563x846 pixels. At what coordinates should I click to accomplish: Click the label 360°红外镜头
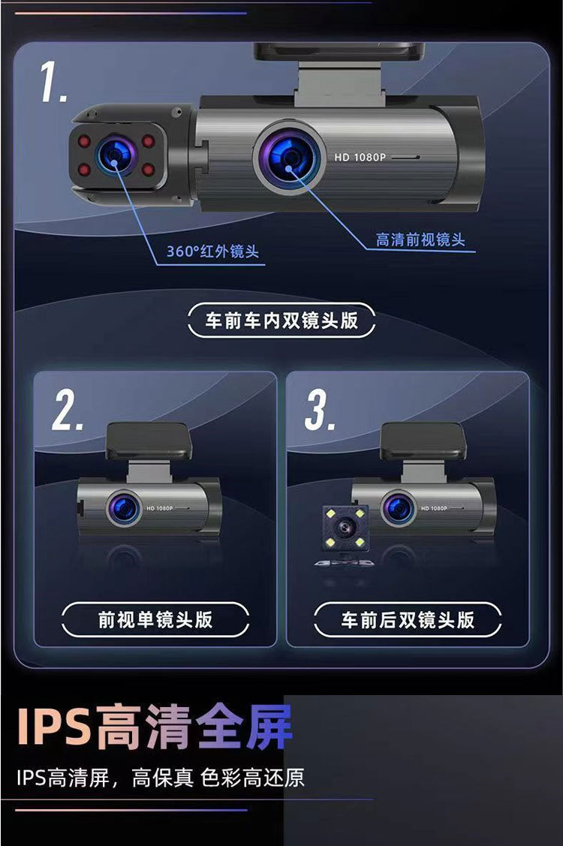tap(212, 251)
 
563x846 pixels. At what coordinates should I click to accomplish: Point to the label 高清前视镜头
tap(420, 240)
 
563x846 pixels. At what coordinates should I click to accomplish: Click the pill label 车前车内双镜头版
tap(281, 321)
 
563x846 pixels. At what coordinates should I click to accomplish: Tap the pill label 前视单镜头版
tap(155, 619)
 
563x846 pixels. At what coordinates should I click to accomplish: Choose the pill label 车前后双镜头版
tap(408, 619)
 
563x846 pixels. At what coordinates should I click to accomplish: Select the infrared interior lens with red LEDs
tap(116, 155)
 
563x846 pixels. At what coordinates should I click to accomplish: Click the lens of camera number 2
tap(122, 507)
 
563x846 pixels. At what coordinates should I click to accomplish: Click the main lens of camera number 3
tap(396, 508)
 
